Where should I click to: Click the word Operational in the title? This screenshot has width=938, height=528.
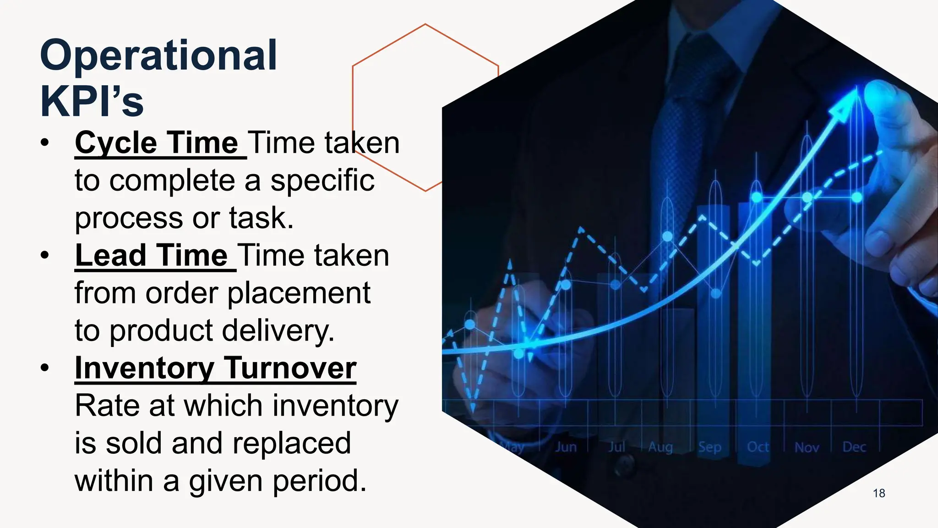point(158,55)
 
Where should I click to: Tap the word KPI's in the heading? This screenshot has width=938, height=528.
point(92,101)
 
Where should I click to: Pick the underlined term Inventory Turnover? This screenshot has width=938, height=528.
point(215,368)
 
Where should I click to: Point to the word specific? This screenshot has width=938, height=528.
point(322,181)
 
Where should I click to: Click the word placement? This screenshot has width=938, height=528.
point(299,293)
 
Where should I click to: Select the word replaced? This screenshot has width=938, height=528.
point(291,443)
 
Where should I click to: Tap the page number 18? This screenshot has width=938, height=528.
point(879,493)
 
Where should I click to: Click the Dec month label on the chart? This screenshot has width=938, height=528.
point(854,447)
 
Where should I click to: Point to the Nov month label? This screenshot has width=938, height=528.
point(807,447)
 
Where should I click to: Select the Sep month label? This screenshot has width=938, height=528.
point(709,447)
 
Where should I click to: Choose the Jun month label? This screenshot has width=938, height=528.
point(566,447)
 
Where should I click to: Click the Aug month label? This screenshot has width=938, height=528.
point(660,447)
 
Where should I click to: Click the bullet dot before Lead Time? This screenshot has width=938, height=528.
point(44,255)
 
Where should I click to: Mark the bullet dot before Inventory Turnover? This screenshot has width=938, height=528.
point(44,368)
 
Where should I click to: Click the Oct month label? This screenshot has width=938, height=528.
point(758,447)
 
